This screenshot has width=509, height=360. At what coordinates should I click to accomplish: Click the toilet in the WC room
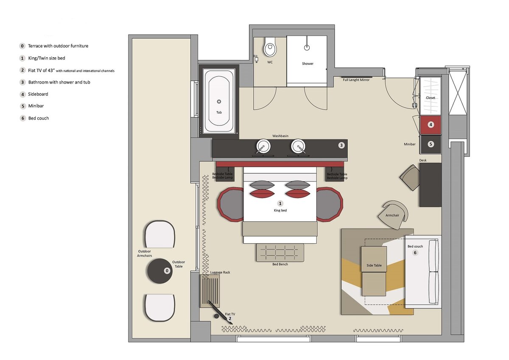coord(270,47)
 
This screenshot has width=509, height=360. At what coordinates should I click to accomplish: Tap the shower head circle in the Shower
coord(307,47)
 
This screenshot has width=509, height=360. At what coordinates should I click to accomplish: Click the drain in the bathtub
coord(219,101)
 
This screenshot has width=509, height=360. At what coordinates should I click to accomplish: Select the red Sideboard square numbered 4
coord(431,125)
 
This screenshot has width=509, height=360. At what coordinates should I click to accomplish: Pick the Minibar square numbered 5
coord(431,144)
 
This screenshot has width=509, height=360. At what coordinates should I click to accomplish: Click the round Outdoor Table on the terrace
coord(160,271)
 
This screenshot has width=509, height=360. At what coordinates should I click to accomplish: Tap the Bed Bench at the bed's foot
coord(280,253)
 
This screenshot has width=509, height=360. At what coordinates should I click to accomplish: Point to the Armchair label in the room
coord(392,215)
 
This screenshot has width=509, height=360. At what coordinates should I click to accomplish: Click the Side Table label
coord(374,265)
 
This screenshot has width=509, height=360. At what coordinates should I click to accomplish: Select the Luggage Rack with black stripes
coord(210,291)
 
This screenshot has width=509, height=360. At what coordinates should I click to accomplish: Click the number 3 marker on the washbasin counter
coord(341,145)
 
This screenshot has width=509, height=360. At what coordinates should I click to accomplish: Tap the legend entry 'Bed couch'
coord(39,118)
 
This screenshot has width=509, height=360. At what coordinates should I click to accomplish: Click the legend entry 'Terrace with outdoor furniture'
coord(58,46)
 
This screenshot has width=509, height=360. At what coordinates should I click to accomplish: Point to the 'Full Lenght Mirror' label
coord(356,80)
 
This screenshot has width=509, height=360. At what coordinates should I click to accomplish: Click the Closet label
coord(431,98)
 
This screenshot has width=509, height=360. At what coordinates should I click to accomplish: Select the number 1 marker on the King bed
coord(280,204)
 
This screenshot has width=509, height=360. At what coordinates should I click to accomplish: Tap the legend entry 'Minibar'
coord(36,106)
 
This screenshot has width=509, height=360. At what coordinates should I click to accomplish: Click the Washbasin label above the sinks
coord(280,136)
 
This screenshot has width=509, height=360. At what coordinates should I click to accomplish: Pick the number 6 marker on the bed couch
coord(415,253)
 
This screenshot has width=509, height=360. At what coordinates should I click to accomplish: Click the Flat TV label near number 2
coord(230,314)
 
